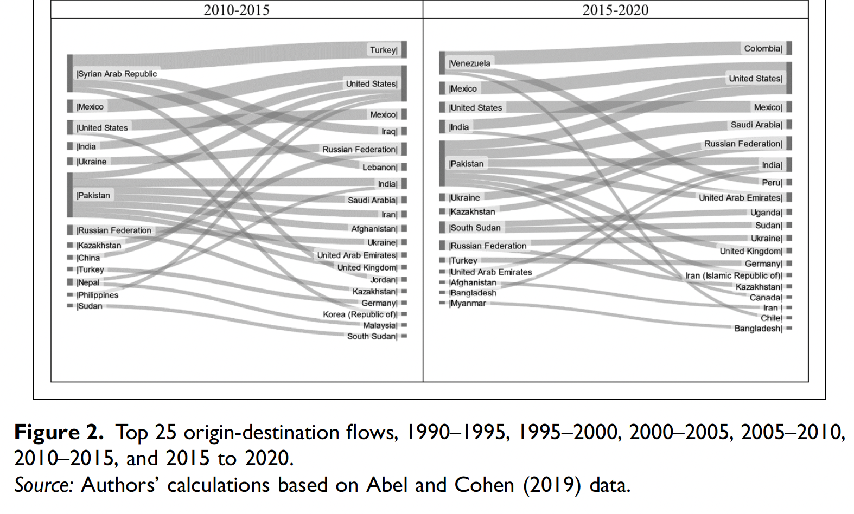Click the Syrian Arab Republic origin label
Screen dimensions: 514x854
pyautogui.click(x=117, y=74)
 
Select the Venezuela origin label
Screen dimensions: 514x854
pyautogui.click(x=470, y=63)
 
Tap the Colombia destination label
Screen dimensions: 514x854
pyautogui.click(x=763, y=49)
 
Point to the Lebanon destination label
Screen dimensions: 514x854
pyautogui.click(x=380, y=168)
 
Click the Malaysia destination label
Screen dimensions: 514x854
pyautogui.click(x=380, y=325)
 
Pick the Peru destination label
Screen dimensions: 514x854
pyautogui.click(x=772, y=183)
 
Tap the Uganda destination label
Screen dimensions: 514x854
pyautogui.click(x=766, y=213)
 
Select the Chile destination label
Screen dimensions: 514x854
pyautogui.click(x=772, y=318)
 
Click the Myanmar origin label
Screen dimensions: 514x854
pyautogui.click(x=468, y=304)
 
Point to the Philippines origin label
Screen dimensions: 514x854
pyautogui.click(x=98, y=295)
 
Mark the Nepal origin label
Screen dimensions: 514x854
pyautogui.click(x=88, y=282)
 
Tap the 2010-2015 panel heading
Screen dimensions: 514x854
pyautogui.click(x=237, y=10)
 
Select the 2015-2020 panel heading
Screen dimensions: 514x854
pyautogui.click(x=615, y=10)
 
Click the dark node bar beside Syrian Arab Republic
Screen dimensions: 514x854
pyautogui.click(x=70, y=73)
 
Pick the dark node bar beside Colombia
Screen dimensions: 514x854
pyautogui.click(x=789, y=48)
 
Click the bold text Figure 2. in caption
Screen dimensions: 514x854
pyautogui.click(x=59, y=433)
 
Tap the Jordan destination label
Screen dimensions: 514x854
pyautogui.click(x=384, y=280)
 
